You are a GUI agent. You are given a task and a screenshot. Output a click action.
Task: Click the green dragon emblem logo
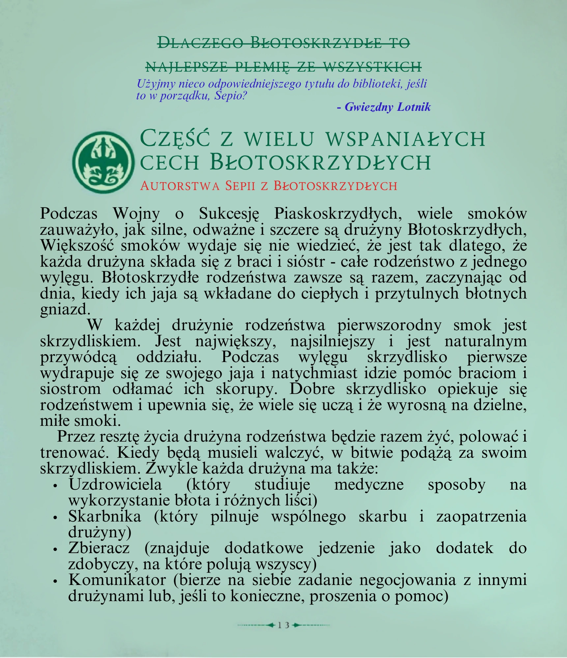[x=103, y=162]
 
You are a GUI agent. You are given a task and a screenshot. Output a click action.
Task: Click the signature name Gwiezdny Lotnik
[x=387, y=107]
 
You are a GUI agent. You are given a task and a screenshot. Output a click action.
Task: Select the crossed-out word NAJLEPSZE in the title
[x=186, y=66]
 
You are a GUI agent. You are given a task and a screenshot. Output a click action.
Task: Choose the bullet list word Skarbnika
[x=105, y=517]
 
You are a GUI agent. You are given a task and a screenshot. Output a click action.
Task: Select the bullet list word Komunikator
[x=117, y=580]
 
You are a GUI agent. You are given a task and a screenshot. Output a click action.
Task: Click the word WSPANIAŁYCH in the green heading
[x=405, y=139]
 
